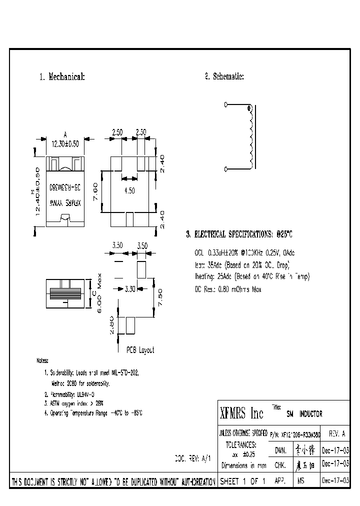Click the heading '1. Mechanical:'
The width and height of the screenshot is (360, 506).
(x=62, y=77)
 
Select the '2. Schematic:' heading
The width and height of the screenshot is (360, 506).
(x=224, y=76)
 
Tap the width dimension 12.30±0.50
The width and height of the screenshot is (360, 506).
(x=65, y=142)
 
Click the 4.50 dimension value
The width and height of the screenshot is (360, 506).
(x=129, y=190)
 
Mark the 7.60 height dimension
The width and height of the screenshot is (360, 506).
(x=95, y=190)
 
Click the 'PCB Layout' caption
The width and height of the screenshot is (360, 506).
(x=140, y=350)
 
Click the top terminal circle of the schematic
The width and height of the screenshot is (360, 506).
(x=226, y=104)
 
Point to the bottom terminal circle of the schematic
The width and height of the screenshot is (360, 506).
(x=226, y=168)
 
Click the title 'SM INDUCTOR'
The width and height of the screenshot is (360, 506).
(x=304, y=414)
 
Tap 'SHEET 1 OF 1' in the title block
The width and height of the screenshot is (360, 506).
(x=242, y=481)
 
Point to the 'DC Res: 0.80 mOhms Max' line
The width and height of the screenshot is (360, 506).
(x=227, y=289)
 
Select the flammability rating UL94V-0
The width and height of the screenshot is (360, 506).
(x=69, y=394)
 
